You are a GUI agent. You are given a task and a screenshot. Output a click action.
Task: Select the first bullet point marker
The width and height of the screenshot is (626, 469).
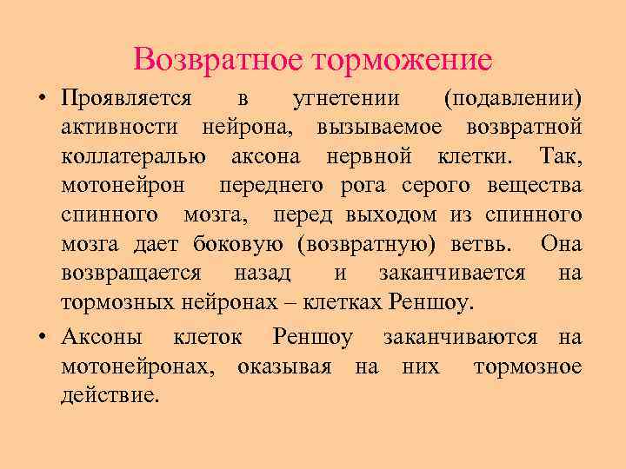pyautogui.click(x=42, y=99)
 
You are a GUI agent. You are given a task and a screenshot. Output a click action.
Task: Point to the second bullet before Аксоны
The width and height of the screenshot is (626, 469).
pyautogui.click(x=42, y=337)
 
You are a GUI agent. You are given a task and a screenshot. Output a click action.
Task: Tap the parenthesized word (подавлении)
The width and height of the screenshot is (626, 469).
pyautogui.click(x=512, y=99)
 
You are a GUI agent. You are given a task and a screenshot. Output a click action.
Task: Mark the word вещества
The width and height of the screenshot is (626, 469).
pyautogui.click(x=532, y=187)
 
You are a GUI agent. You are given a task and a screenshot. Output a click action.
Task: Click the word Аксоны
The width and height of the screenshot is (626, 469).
pyautogui.click(x=103, y=337)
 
